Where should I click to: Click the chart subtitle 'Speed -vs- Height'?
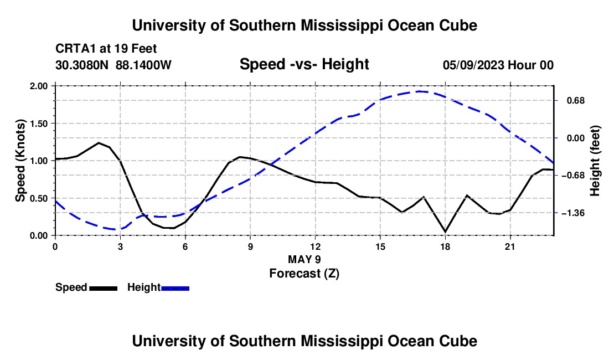(304, 64)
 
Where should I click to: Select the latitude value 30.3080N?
(82, 65)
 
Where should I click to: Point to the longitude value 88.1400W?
(143, 65)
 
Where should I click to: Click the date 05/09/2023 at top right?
(473, 65)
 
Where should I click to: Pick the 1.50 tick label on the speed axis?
(38, 124)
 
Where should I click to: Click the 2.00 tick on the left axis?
(38, 86)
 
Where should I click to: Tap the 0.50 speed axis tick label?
(38, 198)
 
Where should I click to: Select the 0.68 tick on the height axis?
(576, 101)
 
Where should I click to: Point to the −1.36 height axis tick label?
(573, 213)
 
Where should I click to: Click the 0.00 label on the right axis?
(576, 138)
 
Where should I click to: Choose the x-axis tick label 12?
(315, 246)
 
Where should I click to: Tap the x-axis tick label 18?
(445, 246)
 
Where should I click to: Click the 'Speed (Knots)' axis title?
(20, 161)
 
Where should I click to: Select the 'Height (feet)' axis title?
(595, 161)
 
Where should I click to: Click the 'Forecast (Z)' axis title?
(304, 274)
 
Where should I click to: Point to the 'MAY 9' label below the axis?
(304, 259)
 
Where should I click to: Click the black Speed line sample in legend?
(104, 289)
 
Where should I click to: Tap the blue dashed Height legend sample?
(175, 289)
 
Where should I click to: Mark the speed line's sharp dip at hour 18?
(445, 232)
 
